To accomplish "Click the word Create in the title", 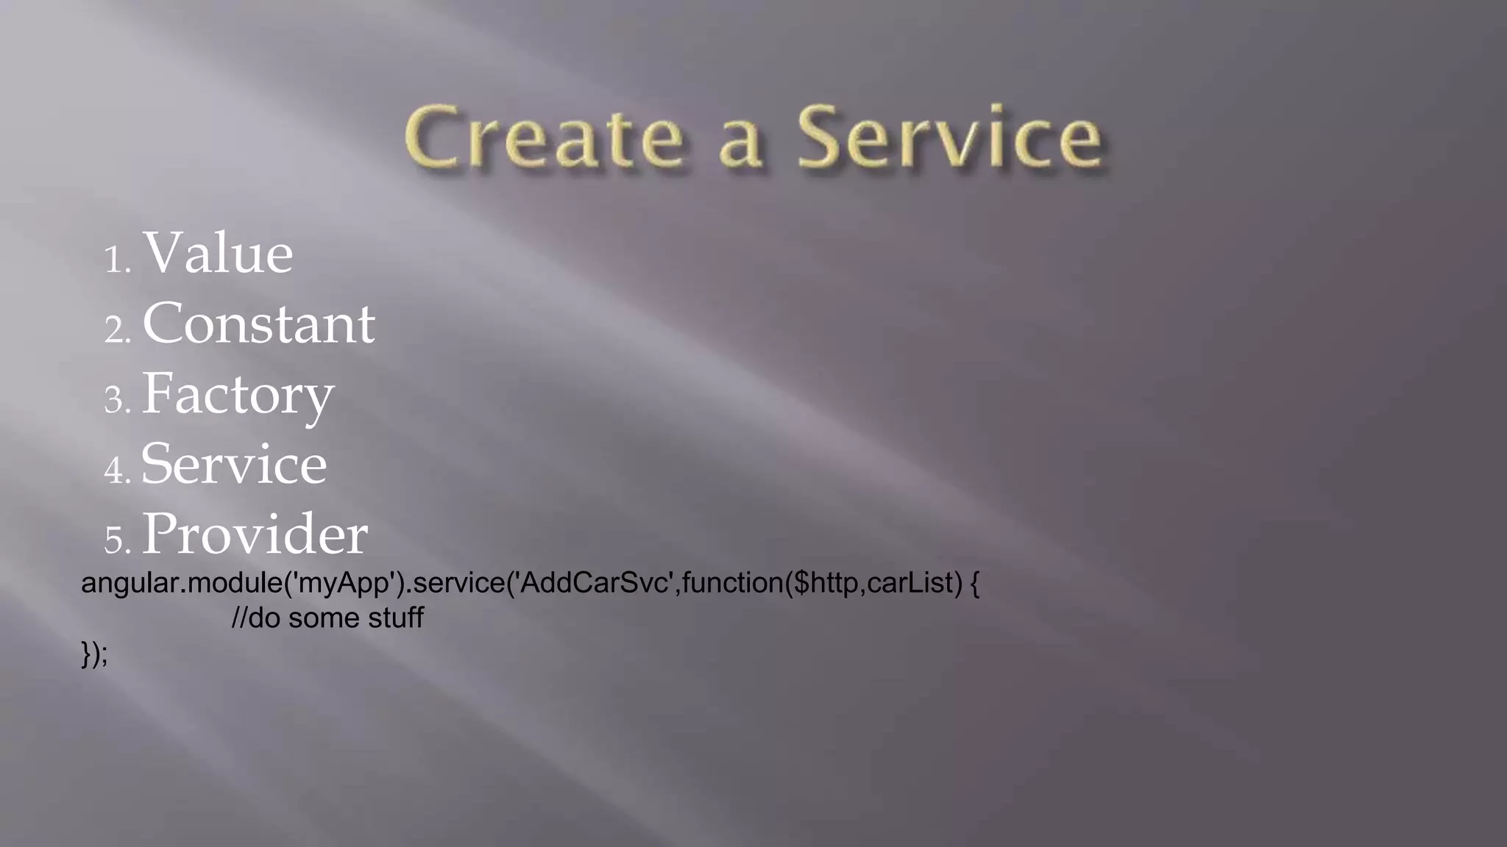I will tap(544, 137).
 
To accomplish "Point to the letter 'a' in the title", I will tap(739, 143).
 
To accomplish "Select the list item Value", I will tap(218, 254).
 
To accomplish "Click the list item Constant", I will tap(258, 324).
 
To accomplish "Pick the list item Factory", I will tap(238, 395).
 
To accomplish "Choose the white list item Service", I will tap(234, 465).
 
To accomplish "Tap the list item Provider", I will tap(255, 535).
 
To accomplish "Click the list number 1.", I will tap(116, 260).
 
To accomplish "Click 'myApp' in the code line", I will tap(344, 583).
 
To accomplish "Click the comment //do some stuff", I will tap(327, 618).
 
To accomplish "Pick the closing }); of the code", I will tap(94, 654).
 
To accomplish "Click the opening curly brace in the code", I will tap(975, 583).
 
